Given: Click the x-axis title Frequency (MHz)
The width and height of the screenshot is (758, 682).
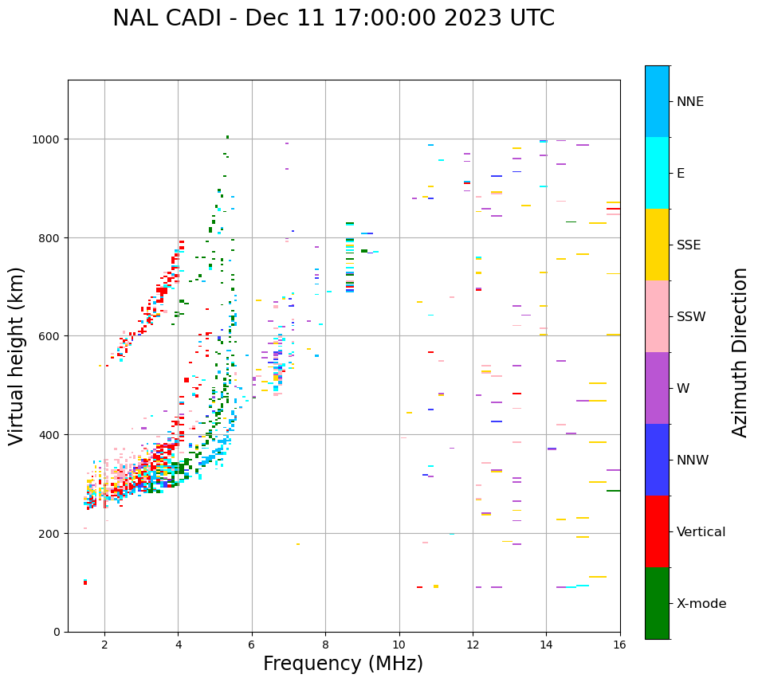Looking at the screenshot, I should [343, 664].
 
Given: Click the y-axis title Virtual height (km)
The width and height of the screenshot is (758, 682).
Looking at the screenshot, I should [18, 355].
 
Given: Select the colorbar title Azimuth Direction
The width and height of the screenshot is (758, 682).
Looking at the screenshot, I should [740, 352].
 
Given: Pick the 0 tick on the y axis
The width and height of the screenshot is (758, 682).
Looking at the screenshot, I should [57, 632].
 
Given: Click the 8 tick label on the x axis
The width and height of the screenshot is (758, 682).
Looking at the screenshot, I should [325, 645].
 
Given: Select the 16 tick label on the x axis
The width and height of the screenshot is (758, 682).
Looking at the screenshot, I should [619, 645].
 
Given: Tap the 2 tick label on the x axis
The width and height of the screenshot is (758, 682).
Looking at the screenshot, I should [104, 645].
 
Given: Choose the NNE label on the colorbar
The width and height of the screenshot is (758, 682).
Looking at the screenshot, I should [690, 102].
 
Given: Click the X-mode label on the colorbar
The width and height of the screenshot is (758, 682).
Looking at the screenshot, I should [701, 604].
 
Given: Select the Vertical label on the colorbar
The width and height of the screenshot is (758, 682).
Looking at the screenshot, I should [701, 532].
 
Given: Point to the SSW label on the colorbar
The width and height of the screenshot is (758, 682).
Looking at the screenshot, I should [691, 317].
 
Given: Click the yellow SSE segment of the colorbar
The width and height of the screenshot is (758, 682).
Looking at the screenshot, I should [657, 245].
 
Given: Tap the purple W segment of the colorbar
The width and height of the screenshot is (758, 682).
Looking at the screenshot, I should [657, 388].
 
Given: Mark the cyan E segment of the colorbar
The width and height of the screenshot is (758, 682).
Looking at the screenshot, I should [657, 173].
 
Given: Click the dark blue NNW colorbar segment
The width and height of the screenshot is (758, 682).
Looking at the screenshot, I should [657, 460].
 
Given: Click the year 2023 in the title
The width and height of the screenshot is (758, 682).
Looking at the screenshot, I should [479, 18].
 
